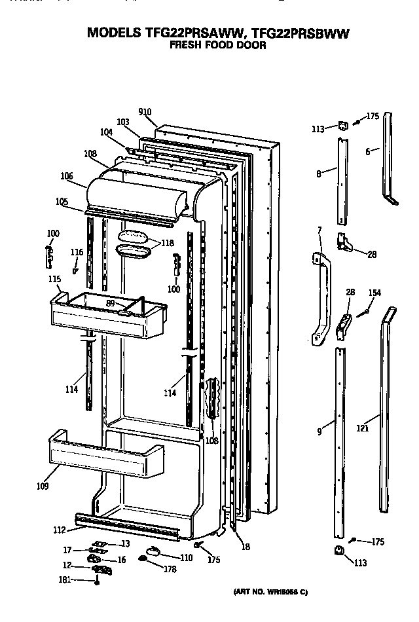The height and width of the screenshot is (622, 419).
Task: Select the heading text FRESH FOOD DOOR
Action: click(x=209, y=45)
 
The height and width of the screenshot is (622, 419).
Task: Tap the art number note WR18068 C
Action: click(x=270, y=592)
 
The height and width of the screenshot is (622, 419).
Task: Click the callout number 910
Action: click(x=145, y=112)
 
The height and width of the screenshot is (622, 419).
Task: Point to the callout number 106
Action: click(x=66, y=175)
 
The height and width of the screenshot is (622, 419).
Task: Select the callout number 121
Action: click(x=363, y=429)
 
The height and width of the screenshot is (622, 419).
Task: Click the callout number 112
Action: click(x=59, y=530)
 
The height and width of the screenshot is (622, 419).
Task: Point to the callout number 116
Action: click(x=77, y=252)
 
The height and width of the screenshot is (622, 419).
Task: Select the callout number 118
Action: click(x=168, y=243)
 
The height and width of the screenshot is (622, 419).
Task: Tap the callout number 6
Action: click(x=368, y=151)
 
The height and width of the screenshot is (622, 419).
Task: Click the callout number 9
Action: click(x=319, y=431)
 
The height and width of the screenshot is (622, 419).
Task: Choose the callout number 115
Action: click(x=54, y=280)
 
